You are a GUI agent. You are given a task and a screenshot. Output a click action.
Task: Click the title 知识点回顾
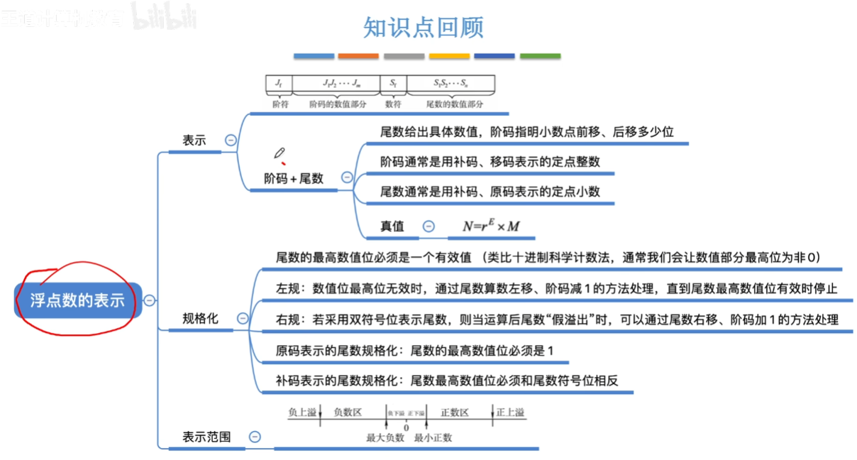pyautogui.click(x=423, y=27)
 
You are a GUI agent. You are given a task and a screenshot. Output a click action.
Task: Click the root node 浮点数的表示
pyautogui.click(x=77, y=300)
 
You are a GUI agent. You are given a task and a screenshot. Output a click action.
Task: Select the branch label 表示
pyautogui.click(x=194, y=141)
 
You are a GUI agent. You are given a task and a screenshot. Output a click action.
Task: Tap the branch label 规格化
pyautogui.click(x=200, y=319)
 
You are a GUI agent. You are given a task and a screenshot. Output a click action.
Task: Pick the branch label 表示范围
pyautogui.click(x=206, y=437)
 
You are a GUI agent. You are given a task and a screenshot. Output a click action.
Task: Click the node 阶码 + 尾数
pyautogui.click(x=294, y=179)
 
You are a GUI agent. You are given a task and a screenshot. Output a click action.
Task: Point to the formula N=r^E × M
pyautogui.click(x=492, y=226)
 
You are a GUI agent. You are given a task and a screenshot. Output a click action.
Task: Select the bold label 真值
pyautogui.click(x=392, y=226)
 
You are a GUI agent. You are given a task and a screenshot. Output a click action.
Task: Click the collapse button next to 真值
pyautogui.click(x=428, y=226)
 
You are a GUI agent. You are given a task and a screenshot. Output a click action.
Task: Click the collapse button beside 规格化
pyautogui.click(x=243, y=319)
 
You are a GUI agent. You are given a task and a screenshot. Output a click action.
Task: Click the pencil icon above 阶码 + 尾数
pyautogui.click(x=280, y=153)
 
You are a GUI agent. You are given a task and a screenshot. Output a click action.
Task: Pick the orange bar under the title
pyautogui.click(x=358, y=56)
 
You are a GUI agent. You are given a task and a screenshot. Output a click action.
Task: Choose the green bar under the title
pyautogui.click(x=540, y=56)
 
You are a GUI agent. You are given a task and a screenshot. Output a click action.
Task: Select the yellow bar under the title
pyautogui.click(x=449, y=56)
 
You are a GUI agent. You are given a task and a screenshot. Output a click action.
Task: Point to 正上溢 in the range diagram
pyautogui.click(x=512, y=412)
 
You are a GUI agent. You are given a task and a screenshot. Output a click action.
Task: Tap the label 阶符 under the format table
pyautogui.click(x=280, y=104)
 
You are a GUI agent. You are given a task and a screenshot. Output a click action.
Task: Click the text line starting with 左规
pyautogui.click(x=557, y=289)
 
